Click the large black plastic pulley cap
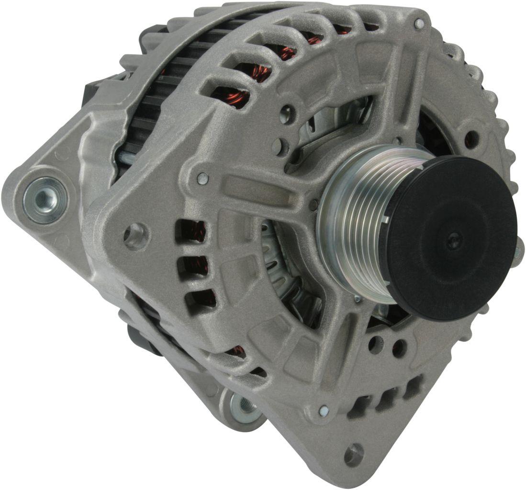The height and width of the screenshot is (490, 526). (x=450, y=239)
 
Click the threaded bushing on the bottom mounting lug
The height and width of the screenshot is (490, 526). (x=246, y=405)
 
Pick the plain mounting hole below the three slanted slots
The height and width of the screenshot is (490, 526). (x=354, y=454)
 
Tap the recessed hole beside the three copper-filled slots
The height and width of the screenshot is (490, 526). (x=136, y=235)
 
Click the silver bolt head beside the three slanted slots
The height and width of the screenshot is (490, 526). (x=324, y=410)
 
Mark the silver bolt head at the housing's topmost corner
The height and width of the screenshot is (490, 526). (x=419, y=23)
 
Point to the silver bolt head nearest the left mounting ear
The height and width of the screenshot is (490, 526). (x=203, y=178)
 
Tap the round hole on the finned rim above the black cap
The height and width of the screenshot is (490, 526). (x=471, y=139)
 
